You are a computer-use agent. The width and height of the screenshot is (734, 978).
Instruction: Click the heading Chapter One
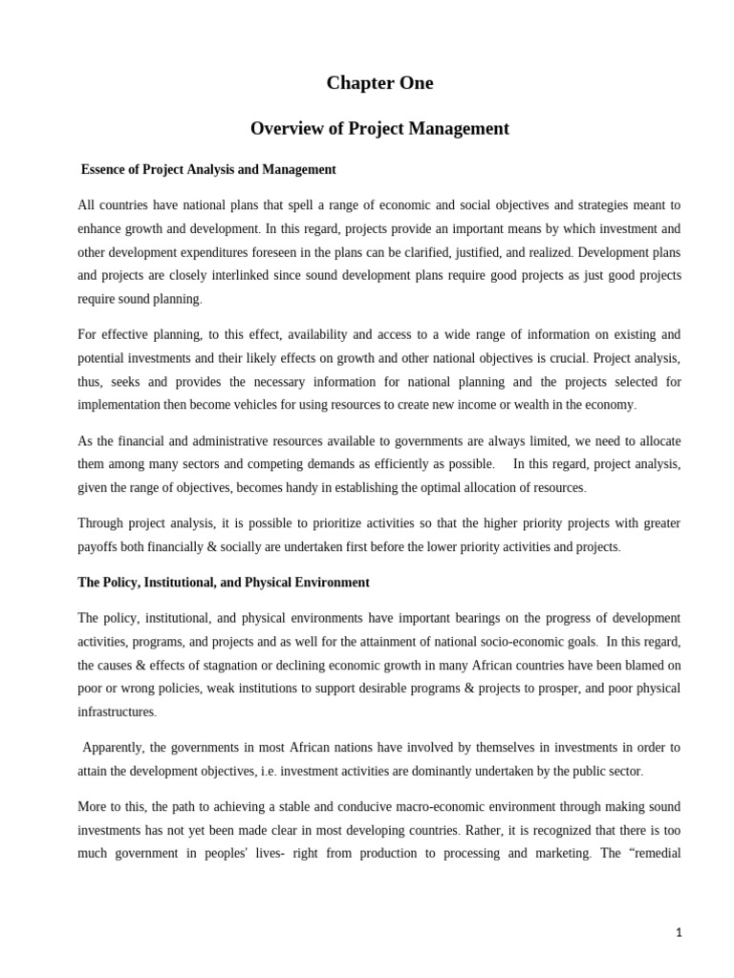(x=379, y=83)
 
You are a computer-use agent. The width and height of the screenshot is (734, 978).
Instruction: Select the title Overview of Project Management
(x=379, y=128)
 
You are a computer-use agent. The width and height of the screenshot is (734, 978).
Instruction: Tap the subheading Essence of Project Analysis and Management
(x=208, y=169)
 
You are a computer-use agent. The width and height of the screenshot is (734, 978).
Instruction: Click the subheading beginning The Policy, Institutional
(x=224, y=582)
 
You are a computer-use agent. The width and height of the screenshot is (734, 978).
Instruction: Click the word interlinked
(x=274, y=275)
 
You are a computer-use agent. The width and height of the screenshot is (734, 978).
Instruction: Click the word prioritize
(x=300, y=523)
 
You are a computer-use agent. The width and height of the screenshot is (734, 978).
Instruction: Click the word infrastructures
(x=116, y=712)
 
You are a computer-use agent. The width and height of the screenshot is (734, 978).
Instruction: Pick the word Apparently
(x=115, y=747)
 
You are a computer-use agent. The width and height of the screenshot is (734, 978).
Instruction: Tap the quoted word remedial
(x=651, y=853)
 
